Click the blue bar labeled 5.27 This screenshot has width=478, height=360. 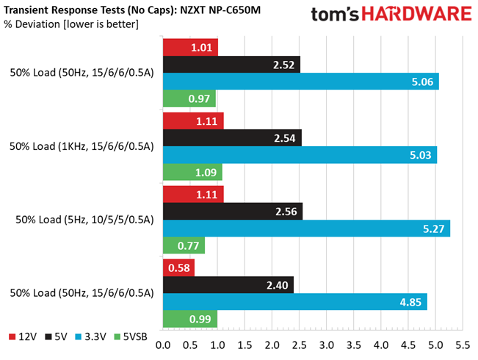(306, 228)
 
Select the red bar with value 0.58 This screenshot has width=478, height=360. (178, 268)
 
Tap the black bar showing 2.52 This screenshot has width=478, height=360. (232, 65)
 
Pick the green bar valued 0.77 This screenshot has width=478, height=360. (184, 245)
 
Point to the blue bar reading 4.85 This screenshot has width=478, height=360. (295, 302)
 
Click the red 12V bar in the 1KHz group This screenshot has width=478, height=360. (193, 120)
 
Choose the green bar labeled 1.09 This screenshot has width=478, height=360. (192, 172)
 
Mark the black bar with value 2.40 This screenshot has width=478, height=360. (228, 285)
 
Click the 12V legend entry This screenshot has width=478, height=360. (23, 336)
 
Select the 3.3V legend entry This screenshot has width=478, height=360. (90, 336)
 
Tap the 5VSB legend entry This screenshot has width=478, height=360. (131, 336)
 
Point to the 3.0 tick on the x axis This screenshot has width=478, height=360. (327, 345)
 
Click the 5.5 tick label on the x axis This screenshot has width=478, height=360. (463, 345)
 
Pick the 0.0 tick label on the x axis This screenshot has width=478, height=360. (163, 345)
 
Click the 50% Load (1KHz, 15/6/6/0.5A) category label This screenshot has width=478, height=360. (82, 146)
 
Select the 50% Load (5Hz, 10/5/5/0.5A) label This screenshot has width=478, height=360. (84, 220)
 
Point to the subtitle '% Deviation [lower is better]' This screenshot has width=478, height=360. (71, 24)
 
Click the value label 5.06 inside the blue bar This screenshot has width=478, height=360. (422, 82)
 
